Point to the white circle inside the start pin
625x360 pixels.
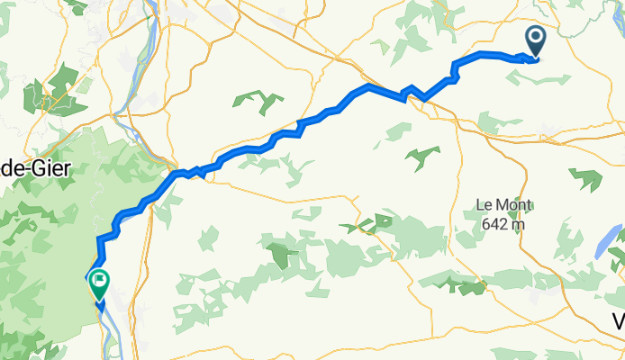click(x=535, y=38)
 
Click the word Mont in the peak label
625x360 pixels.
click(x=503, y=205)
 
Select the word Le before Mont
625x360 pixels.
click(x=482, y=205)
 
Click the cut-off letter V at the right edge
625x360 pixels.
click(x=619, y=321)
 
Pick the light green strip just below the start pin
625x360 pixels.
click(x=531, y=76)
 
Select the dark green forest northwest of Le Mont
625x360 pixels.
click(x=421, y=157)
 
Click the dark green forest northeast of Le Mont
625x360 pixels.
click(x=585, y=178)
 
